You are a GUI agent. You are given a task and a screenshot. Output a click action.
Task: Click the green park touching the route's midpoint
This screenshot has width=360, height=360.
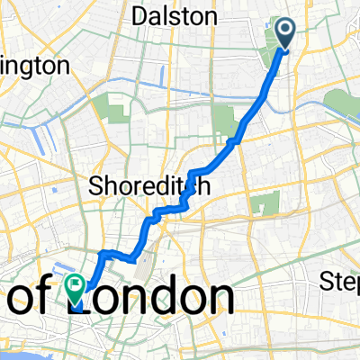[223, 121]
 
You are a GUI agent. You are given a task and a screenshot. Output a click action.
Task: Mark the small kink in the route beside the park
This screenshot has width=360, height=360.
[233, 140]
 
